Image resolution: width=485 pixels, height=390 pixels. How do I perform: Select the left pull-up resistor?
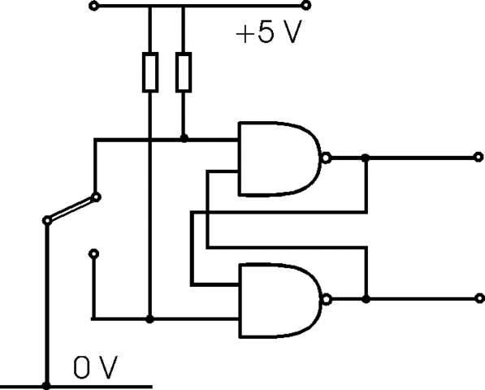(150, 71)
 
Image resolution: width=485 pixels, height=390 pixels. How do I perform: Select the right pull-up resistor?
(184, 71)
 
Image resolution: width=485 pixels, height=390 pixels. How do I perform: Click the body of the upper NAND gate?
(276, 158)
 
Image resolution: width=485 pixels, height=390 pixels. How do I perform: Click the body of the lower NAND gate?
(276, 298)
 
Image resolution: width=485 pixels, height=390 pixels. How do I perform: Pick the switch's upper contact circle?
(96, 196)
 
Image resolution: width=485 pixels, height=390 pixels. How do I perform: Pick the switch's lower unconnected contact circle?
(95, 253)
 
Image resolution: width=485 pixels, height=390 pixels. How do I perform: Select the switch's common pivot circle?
(47, 219)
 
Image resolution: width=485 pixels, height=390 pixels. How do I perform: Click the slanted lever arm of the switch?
(71, 207)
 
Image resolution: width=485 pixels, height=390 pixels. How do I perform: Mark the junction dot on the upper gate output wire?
(366, 158)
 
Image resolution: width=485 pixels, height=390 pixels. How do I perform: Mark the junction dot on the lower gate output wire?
(366, 299)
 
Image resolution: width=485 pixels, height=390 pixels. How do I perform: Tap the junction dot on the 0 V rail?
(47, 386)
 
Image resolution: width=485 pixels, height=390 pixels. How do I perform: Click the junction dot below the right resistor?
(184, 139)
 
